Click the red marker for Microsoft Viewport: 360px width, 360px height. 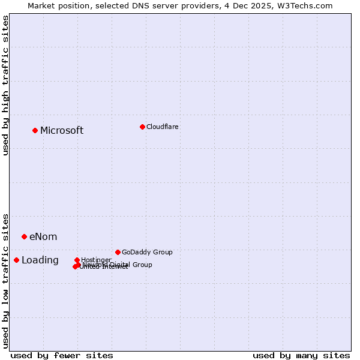[35, 130]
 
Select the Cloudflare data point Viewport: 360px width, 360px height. [142, 127]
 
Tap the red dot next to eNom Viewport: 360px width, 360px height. [24, 236]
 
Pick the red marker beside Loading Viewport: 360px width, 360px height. [16, 260]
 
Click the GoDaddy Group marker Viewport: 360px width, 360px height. [118, 252]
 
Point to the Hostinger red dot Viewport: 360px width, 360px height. [77, 260]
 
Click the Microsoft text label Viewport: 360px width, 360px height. [62, 131]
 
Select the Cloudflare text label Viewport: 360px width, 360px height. [162, 127]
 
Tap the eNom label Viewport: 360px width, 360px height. [43, 237]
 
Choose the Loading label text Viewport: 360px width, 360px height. [40, 260]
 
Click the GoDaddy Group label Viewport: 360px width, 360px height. [147, 253]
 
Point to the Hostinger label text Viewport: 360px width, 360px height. [97, 260]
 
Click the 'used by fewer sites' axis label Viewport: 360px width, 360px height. [62, 355]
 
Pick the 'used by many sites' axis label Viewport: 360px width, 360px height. [301, 355]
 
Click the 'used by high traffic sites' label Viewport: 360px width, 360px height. [5, 85]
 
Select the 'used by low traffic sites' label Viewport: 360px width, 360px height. [5, 280]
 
